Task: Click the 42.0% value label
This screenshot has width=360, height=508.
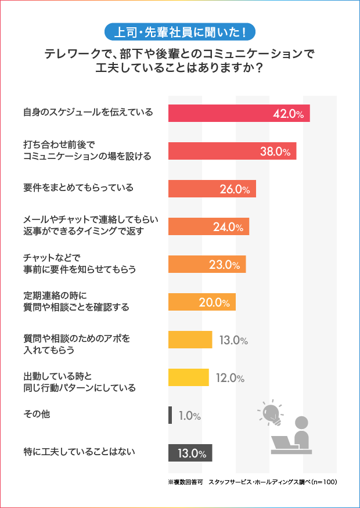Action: click(x=289, y=114)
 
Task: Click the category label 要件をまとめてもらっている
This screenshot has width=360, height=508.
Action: click(x=78, y=188)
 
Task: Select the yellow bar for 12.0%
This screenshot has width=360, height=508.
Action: click(x=188, y=377)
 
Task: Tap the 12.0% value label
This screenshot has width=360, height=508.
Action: click(x=230, y=378)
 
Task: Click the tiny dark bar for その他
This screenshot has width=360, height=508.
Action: click(x=170, y=415)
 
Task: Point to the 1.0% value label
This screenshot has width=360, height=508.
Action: click(x=190, y=416)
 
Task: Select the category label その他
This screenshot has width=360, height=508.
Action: click(x=33, y=414)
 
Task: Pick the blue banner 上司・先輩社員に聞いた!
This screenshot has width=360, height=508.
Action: click(x=179, y=31)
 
